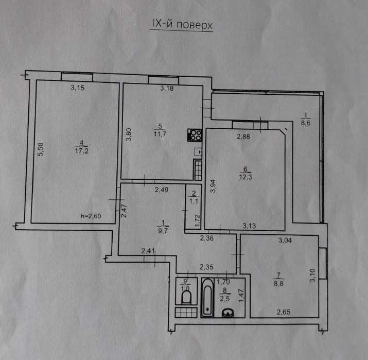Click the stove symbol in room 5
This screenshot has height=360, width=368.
[x=195, y=135]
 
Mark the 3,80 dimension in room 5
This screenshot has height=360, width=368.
[x=130, y=135]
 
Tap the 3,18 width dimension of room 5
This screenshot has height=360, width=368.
[x=167, y=89]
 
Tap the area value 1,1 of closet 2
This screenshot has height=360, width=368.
[x=194, y=202]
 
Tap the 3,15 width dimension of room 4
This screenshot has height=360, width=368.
[x=78, y=88]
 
